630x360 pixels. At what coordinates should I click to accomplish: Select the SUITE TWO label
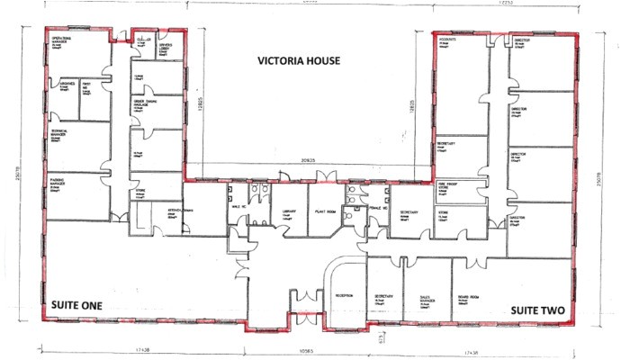pyautogui.click(x=537, y=310)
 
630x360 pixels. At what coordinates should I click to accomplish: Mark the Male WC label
pyautogui.click(x=237, y=205)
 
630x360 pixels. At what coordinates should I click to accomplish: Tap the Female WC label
pyautogui.click(x=377, y=206)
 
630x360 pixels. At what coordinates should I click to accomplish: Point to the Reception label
pyautogui.click(x=343, y=296)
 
